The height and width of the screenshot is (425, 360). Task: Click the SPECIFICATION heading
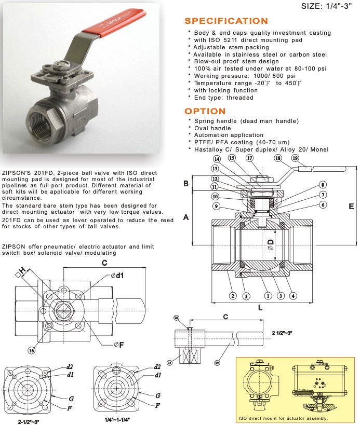226,21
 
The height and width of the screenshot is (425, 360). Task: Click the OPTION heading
205,111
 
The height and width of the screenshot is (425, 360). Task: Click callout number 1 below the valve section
268,296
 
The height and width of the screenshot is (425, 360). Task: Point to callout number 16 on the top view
32,350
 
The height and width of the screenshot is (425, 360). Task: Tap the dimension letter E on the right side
351,206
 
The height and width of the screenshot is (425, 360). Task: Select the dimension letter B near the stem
185,183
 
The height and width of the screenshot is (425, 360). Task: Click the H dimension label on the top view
23,271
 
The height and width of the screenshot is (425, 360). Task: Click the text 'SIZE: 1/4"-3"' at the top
328,7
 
